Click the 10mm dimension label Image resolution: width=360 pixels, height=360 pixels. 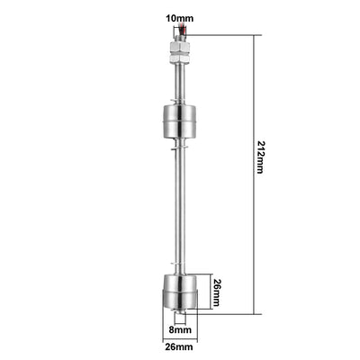180,19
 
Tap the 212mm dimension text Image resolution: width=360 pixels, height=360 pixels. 259,157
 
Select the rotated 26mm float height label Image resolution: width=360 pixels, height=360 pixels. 216,292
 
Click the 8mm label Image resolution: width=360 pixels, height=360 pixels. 180,330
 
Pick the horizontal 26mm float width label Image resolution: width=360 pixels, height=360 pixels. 179,347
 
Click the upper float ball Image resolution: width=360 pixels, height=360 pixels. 180,121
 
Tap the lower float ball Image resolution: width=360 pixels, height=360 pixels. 180,292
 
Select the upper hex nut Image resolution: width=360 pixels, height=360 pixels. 180,47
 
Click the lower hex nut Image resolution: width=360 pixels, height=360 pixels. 180,58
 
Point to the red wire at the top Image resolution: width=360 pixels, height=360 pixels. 183,31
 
